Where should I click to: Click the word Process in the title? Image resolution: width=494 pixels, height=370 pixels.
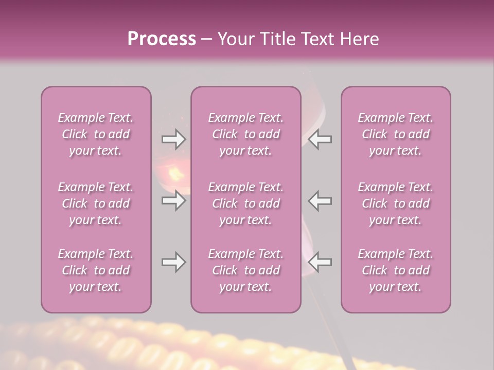[162, 39]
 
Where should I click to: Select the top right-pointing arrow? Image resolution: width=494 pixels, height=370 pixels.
[173, 139]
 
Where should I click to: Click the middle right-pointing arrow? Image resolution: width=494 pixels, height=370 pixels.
[173, 200]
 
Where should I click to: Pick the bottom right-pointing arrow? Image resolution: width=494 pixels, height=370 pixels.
[173, 262]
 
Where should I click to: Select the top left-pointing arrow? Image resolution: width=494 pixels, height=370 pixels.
[320, 139]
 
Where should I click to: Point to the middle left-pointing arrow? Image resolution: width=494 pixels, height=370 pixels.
[320, 200]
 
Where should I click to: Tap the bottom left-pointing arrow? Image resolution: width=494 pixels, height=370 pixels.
[320, 262]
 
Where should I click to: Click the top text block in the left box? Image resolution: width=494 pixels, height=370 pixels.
[96, 134]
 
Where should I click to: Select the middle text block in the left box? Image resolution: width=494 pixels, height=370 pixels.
[96, 203]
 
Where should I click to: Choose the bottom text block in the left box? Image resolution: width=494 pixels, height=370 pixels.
[96, 270]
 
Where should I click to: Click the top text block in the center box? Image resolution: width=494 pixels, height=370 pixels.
[246, 134]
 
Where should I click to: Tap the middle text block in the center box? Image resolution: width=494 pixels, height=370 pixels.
[246, 203]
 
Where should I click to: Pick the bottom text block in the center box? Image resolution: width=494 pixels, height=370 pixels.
[246, 270]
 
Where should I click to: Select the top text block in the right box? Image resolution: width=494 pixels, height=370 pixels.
[396, 134]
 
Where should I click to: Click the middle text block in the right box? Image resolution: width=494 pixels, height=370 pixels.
[396, 203]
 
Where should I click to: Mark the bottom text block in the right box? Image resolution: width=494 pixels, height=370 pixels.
[396, 270]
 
